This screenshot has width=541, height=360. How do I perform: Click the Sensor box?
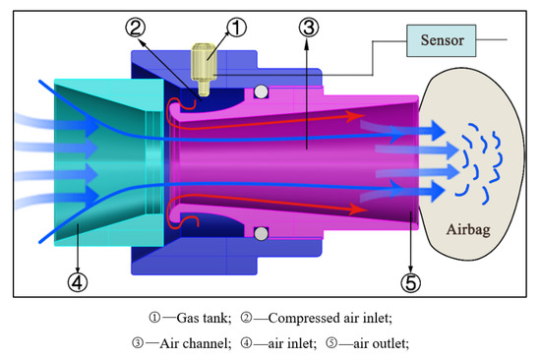point(446,42)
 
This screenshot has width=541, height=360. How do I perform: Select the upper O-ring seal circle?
point(260,92)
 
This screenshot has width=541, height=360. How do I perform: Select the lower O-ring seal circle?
point(260,234)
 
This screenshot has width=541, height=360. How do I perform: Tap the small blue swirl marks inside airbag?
point(481,157)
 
